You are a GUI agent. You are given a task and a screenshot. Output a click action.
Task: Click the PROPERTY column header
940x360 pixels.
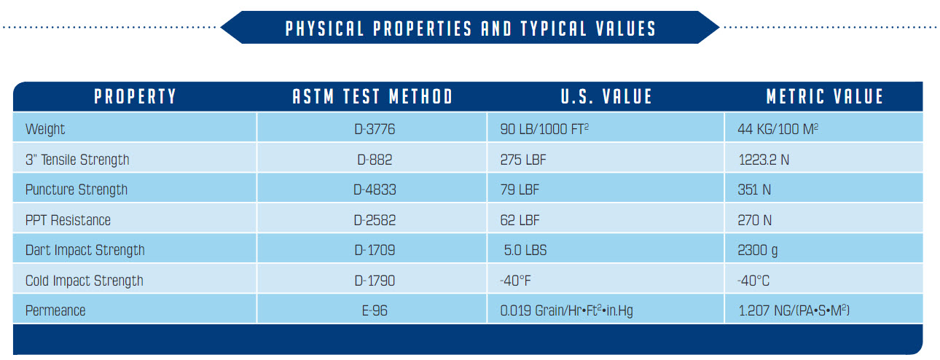(135, 97)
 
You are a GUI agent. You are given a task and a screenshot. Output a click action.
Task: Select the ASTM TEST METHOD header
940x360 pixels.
(372, 97)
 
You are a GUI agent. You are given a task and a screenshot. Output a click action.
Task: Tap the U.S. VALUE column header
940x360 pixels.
(606, 97)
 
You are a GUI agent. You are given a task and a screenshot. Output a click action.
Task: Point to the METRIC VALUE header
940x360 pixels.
(824, 97)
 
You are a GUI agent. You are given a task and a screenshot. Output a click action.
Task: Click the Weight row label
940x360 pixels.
(45, 130)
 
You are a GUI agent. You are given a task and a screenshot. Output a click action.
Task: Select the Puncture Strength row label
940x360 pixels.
(77, 190)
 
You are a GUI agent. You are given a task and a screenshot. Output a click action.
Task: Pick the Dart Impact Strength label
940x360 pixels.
(85, 251)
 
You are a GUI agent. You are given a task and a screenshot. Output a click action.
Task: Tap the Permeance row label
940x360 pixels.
(55, 311)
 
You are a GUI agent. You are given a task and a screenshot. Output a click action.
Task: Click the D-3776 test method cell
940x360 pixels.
(372, 130)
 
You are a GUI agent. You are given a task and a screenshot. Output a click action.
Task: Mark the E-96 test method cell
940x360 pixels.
(372, 311)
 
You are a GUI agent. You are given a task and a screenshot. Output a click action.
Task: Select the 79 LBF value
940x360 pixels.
(520, 190)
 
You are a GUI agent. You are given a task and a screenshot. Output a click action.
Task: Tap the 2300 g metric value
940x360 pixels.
(758, 251)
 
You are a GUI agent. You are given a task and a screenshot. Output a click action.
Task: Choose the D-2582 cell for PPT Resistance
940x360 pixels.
(372, 220)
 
